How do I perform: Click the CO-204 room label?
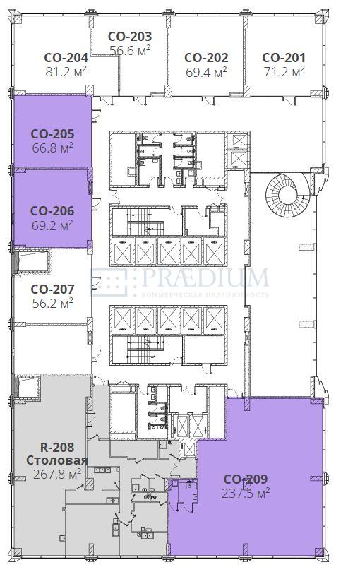[66, 58]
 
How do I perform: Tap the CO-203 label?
[130, 37]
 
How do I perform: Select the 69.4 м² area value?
[206, 72]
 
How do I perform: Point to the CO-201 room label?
[284, 58]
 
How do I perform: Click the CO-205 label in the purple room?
[52, 133]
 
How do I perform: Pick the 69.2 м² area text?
[52, 226]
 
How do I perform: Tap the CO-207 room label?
[52, 290]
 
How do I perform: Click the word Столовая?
[57, 460]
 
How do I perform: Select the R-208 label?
[57, 447]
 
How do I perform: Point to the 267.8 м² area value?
[57, 474]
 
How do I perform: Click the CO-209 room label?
[246, 479]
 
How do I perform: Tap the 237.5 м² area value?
[246, 493]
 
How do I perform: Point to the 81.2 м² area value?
[66, 71]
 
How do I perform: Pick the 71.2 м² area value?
[284, 71]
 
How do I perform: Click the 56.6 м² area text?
[130, 51]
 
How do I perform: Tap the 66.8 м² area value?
[52, 148]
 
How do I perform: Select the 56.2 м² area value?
[52, 303]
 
